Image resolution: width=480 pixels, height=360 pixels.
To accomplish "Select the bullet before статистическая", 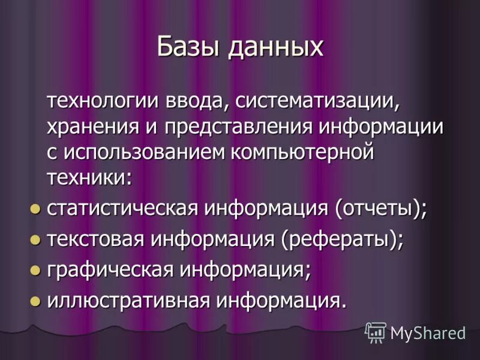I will [35, 209].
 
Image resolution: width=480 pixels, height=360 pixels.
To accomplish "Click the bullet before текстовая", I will [35, 239].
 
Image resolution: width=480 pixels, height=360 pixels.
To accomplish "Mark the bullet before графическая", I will [35, 270].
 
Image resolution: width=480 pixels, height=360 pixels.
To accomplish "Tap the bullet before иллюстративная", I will [35, 300].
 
